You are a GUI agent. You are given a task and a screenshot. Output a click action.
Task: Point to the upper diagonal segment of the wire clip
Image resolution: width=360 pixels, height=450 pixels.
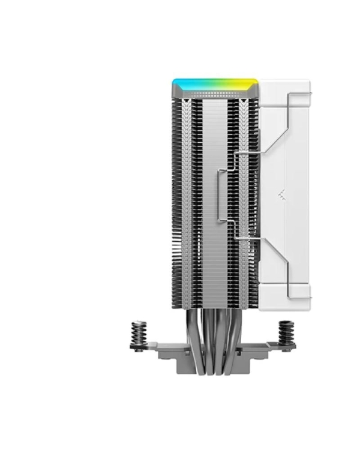(276, 126)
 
